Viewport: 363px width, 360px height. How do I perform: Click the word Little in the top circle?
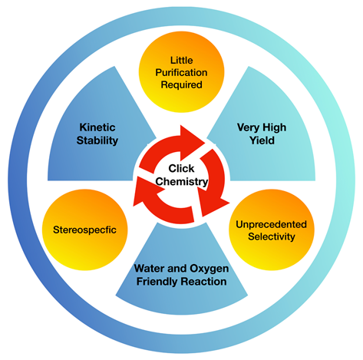click(x=182, y=61)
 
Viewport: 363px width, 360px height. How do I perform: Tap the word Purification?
click(x=181, y=73)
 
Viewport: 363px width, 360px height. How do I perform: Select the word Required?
click(x=182, y=85)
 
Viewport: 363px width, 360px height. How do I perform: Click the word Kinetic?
click(x=97, y=127)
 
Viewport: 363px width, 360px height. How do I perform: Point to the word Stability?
click(x=97, y=140)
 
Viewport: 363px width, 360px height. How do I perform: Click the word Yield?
click(x=262, y=140)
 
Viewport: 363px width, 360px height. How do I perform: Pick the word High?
click(x=274, y=127)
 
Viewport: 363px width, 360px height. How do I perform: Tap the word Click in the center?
click(x=181, y=168)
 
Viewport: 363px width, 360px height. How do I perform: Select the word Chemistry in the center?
click(x=182, y=182)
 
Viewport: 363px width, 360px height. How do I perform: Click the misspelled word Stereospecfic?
click(x=84, y=230)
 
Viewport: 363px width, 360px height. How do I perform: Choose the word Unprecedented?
click(x=271, y=224)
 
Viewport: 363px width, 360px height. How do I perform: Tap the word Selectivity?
click(x=272, y=236)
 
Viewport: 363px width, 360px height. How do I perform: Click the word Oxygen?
click(x=210, y=269)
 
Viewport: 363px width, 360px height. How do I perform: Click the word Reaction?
click(x=203, y=282)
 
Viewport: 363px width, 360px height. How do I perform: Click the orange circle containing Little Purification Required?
click(x=182, y=72)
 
